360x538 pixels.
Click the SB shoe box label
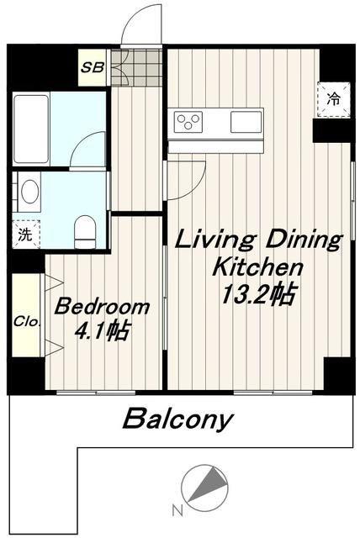[x=93, y=67]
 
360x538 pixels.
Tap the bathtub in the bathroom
[x=31, y=129]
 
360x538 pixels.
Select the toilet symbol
[x=85, y=232]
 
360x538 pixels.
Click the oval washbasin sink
[x=29, y=192]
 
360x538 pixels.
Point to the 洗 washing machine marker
[x=25, y=235]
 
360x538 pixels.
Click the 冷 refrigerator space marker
[x=333, y=99]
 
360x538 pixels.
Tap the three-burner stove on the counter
[x=188, y=122]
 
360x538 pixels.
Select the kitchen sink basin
[x=246, y=122]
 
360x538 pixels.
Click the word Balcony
[x=178, y=419]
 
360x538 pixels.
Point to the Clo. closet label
[x=27, y=322]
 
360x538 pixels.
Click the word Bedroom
[x=103, y=307]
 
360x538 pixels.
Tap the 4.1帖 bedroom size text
[x=103, y=332]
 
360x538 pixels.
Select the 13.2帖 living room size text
[x=258, y=294]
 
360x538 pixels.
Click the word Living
[x=216, y=241]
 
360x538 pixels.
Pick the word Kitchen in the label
[x=258, y=267]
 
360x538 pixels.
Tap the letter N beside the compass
[x=177, y=510]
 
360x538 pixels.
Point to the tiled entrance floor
[x=136, y=68]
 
